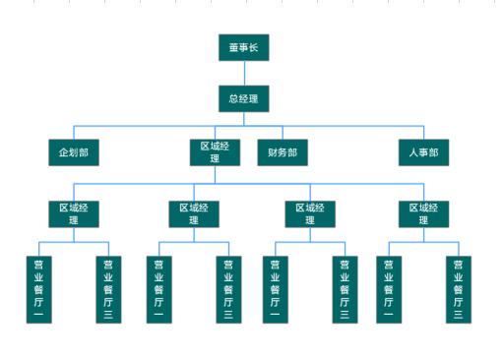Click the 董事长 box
click(243, 47)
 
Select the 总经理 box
click(243, 98)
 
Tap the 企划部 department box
click(75, 152)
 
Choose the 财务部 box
click(283, 152)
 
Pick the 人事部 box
click(423, 152)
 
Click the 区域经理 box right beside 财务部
click(215, 152)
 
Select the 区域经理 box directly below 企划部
click(75, 213)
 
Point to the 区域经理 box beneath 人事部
click(424, 213)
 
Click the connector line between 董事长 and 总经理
click(243, 73)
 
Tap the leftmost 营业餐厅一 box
click(39, 289)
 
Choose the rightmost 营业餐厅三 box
click(458, 289)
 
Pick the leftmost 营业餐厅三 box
click(108, 289)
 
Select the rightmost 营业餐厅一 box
click(389, 289)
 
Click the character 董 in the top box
click(234, 47)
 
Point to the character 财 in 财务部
click(273, 152)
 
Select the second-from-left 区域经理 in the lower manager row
click(194, 213)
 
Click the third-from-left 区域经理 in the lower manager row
click(311, 213)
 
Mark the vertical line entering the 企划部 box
click(75, 133)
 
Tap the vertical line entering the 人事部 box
click(424, 133)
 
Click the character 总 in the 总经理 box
click(234, 98)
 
